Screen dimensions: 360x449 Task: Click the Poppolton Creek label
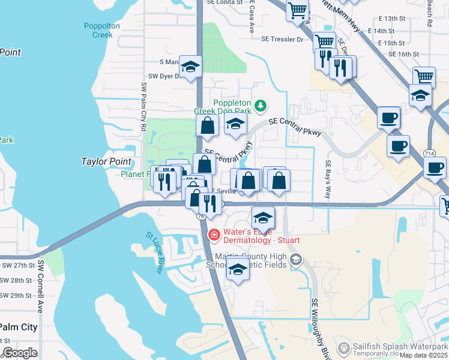click(102, 30)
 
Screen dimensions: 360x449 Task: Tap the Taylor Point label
click(106, 161)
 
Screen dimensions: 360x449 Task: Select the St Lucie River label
click(154, 253)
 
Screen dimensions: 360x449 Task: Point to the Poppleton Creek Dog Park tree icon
click(260, 106)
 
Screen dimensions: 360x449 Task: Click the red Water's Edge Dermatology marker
click(213, 234)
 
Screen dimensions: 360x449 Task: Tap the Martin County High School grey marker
click(295, 259)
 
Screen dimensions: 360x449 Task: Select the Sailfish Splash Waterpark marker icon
click(343, 347)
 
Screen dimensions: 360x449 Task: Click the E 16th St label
click(403, 54)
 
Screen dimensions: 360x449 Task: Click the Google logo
click(20, 353)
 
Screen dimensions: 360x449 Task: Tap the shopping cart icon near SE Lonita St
click(298, 10)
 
